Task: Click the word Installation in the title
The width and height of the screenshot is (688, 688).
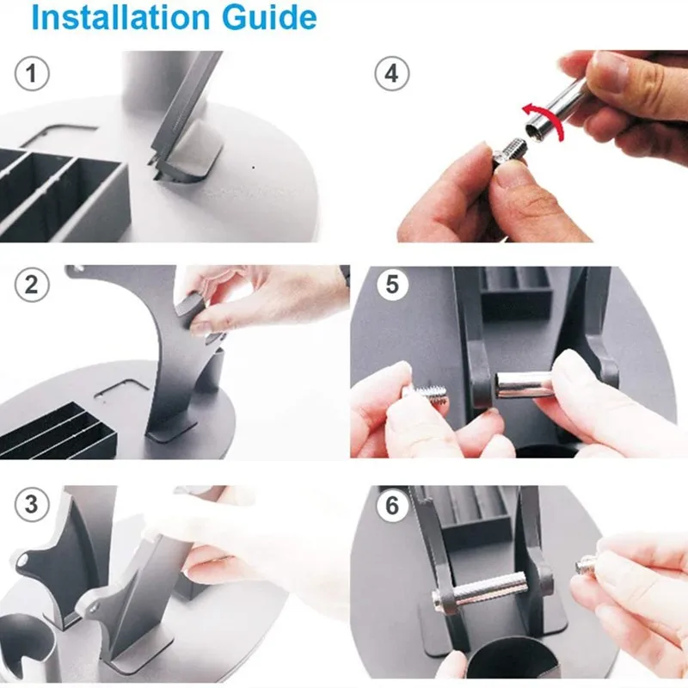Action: [x=120, y=17]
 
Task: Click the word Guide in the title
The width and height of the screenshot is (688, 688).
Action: [x=269, y=17]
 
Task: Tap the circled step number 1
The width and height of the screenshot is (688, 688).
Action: [x=32, y=73]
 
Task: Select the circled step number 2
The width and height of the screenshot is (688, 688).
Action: [x=32, y=285]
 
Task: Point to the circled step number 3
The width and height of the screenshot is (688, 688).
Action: [x=32, y=504]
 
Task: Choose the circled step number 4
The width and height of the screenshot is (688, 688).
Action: [x=392, y=73]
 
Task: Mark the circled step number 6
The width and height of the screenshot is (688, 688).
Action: [x=393, y=506]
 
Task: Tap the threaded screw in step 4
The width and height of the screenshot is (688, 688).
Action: [x=509, y=151]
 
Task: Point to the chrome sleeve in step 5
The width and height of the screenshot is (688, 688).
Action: [x=523, y=384]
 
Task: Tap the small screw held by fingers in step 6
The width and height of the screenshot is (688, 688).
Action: [x=587, y=565]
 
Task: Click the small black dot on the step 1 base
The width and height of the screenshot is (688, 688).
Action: [x=253, y=167]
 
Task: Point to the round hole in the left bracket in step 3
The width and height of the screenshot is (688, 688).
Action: [x=23, y=561]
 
